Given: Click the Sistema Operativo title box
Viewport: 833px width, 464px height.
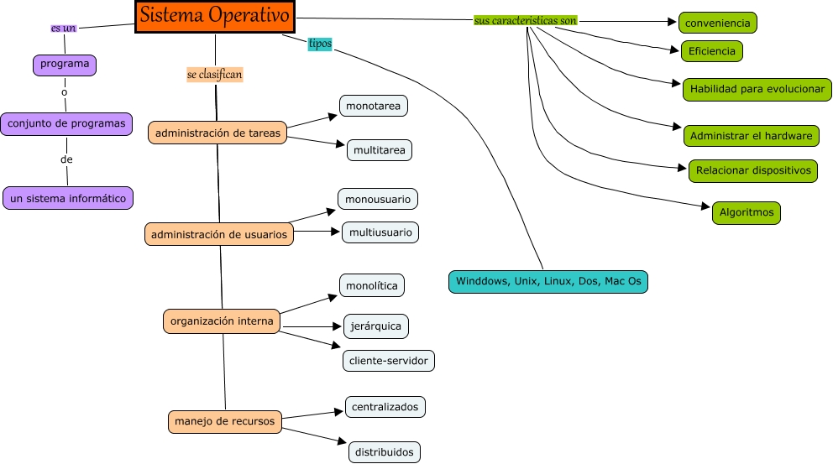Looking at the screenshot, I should [215, 16].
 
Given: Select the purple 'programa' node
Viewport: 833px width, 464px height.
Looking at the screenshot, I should [65, 64].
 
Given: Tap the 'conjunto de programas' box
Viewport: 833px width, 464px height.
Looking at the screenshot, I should [67, 123].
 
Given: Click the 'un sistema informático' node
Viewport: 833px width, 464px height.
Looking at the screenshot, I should [68, 198].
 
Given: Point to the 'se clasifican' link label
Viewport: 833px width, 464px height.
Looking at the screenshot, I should [214, 75].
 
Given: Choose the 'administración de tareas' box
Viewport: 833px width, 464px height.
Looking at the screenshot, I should [217, 133].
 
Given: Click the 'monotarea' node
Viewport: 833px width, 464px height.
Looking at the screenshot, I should [374, 107].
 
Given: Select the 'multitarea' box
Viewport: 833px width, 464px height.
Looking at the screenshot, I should [380, 149].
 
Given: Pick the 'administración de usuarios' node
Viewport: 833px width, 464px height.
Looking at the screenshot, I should [219, 234].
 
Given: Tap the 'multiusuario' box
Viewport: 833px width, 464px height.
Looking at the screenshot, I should [380, 232].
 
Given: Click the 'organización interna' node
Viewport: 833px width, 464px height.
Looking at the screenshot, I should [222, 321].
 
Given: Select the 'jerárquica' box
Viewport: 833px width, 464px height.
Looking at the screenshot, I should [376, 326].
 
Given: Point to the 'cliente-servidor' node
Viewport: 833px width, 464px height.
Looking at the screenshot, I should [388, 361].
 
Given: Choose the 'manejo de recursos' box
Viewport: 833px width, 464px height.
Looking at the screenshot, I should [224, 420].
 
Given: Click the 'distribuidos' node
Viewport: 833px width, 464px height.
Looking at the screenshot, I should [384, 451].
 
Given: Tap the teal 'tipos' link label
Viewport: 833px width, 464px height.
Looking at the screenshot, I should [320, 44].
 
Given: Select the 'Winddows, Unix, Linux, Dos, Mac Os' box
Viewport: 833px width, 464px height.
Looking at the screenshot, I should [548, 282].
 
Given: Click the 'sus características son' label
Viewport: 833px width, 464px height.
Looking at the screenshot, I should [525, 20].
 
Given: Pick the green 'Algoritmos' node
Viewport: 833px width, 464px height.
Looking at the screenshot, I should [747, 212].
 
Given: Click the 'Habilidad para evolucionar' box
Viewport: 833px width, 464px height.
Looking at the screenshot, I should [757, 89].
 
